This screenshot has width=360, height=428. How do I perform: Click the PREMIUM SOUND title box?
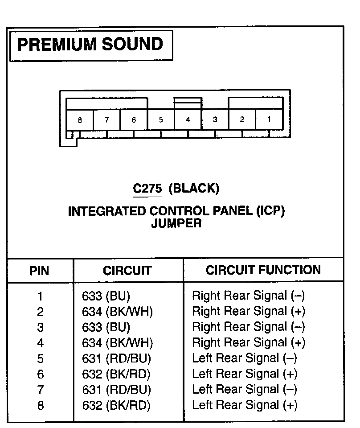click(90, 45)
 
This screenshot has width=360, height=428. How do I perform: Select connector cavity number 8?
click(80, 119)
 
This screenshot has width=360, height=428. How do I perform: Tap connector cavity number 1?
click(269, 119)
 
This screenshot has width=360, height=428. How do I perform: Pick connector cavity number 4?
click(188, 119)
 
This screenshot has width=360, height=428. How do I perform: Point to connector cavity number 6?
click(134, 119)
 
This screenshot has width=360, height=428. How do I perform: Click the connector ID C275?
click(147, 189)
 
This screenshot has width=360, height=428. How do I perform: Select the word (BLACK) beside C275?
click(194, 189)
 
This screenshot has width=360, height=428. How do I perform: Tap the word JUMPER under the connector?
click(176, 223)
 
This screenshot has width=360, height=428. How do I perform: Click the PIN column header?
click(39, 271)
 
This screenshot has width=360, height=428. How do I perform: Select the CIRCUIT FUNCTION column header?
click(263, 270)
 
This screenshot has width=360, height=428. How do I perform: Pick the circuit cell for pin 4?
click(118, 343)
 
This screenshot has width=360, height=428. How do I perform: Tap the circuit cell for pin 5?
click(117, 358)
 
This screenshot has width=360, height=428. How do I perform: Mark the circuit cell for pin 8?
click(116, 405)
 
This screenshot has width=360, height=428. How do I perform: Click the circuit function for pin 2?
click(249, 311)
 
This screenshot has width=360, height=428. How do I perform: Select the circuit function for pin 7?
click(244, 390)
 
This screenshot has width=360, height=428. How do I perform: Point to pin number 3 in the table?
click(40, 327)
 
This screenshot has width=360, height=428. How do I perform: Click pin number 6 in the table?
click(40, 374)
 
